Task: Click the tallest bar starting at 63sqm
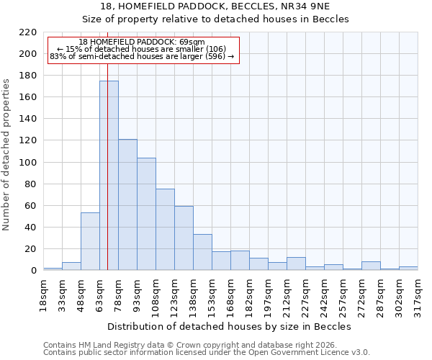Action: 109,176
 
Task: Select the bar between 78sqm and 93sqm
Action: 127,204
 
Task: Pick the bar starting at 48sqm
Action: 90,241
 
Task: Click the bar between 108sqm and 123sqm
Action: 165,230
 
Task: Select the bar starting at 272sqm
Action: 371,266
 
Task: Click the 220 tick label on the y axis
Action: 28,32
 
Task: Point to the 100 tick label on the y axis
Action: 28,163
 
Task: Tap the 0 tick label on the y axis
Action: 33,271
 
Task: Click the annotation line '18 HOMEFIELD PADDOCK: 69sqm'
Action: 142,42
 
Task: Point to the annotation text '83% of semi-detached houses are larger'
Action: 142,56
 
